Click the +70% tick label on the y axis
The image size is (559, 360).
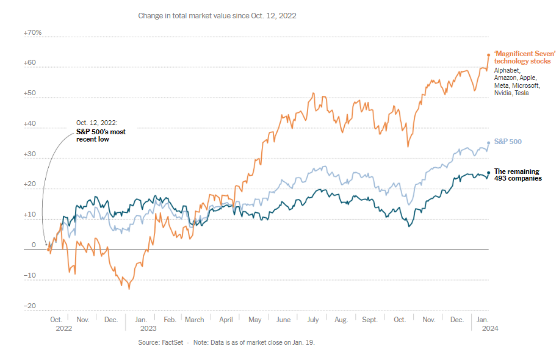coord(33,32)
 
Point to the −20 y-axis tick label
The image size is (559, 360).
coord(30,306)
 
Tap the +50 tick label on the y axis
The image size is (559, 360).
coord(31,94)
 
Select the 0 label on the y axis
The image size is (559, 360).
coord(34,245)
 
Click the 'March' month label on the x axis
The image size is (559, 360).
coord(195,319)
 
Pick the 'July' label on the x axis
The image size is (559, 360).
coord(313,319)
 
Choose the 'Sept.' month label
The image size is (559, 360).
coord(370,319)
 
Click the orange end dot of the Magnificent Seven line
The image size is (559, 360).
coord(489,55)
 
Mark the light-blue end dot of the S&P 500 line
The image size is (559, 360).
coord(488,143)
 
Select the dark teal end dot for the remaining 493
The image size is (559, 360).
coord(488,173)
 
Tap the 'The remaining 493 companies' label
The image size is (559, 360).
coord(518,175)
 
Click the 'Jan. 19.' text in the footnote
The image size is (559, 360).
coord(301,343)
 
